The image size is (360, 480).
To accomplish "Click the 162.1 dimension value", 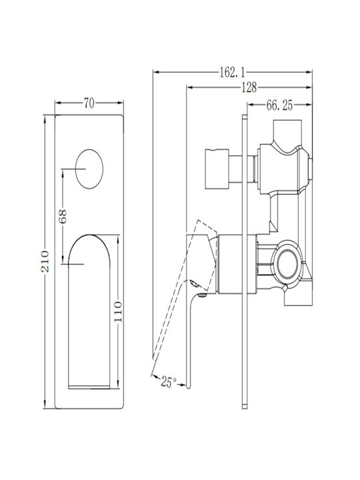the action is tap(233, 73).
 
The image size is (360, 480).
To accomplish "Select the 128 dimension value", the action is tap(249, 88).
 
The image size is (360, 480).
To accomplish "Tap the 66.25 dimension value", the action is tap(279, 105).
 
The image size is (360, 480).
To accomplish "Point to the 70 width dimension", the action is tap(89, 103).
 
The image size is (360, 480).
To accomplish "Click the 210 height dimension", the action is tap(45, 261).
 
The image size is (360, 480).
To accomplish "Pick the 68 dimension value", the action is tap(63, 217).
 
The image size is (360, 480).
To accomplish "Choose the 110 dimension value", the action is tap(118, 311).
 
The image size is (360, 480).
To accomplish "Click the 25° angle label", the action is tap(169, 382).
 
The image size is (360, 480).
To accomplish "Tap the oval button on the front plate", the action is tap(89, 169).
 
